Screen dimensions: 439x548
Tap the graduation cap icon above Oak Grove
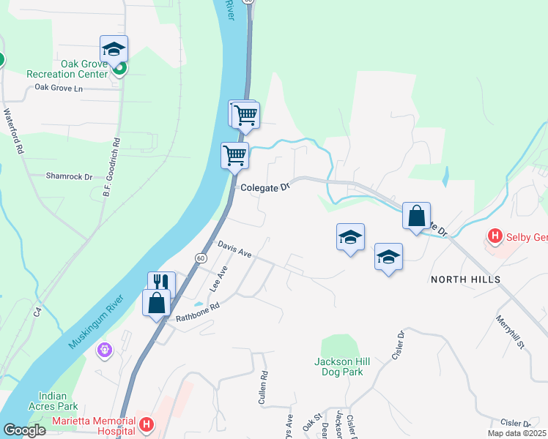114,49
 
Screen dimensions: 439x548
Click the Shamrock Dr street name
70,176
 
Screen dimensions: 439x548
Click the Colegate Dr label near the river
266,187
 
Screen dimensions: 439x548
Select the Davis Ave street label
234,249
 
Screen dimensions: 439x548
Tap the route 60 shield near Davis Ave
200,258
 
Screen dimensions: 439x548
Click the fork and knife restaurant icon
161,282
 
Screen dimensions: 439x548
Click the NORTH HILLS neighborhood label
465,279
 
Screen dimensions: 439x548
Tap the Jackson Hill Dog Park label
342,367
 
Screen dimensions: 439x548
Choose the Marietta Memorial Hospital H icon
147,424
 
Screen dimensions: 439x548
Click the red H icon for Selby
495,236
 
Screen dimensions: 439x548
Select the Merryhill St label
511,332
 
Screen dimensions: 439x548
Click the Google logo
23,430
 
